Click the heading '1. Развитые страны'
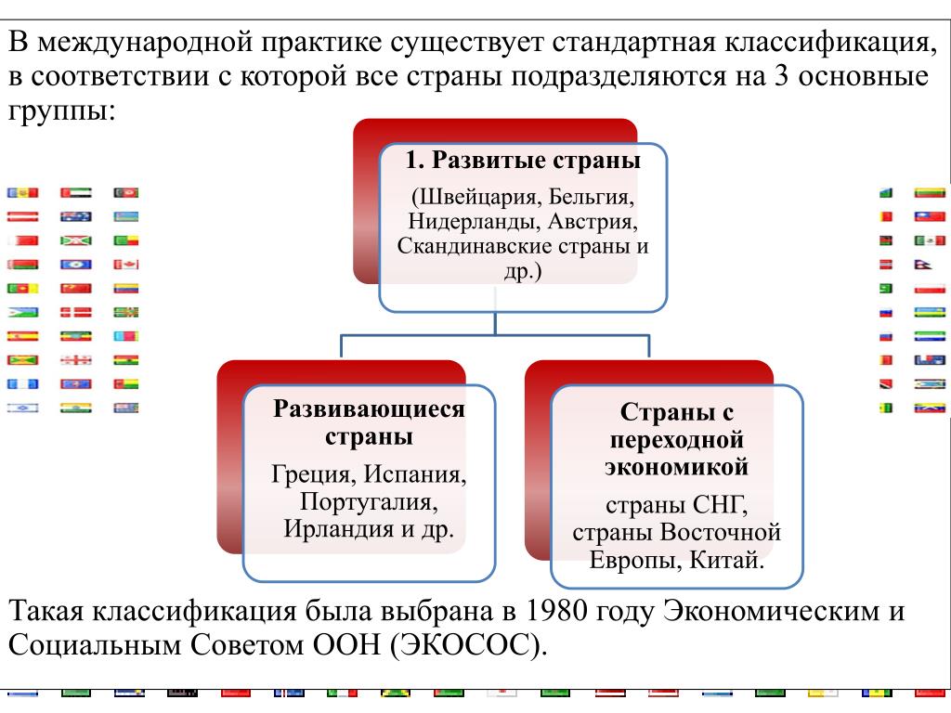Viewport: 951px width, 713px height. [x=523, y=160]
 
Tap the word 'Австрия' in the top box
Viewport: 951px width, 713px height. [x=593, y=221]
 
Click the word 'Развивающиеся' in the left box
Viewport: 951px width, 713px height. [x=369, y=408]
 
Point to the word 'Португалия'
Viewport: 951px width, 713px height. [x=369, y=501]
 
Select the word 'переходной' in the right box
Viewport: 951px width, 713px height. [x=676, y=440]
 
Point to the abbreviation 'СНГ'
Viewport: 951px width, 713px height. [x=718, y=505]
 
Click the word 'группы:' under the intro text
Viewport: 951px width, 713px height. [x=61, y=111]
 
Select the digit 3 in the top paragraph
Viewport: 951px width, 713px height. [x=781, y=77]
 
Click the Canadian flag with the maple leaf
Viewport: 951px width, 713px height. [x=126, y=265]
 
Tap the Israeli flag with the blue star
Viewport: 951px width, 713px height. [x=22, y=408]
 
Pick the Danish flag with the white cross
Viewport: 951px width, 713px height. [x=76, y=312]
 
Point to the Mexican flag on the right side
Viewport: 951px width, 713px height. [x=930, y=240]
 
